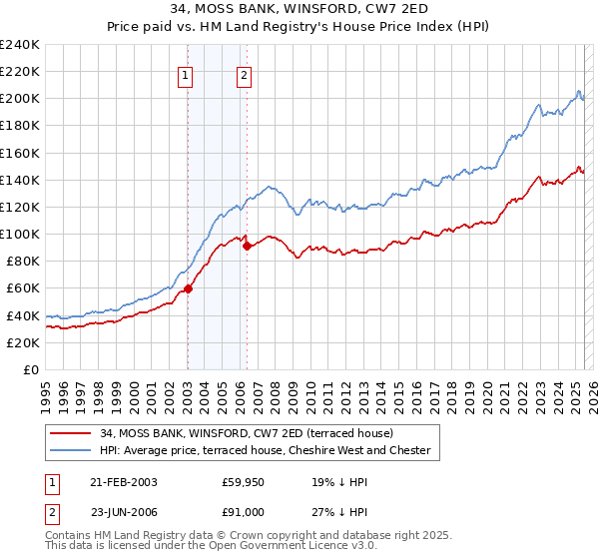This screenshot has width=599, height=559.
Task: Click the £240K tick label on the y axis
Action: click(20, 44)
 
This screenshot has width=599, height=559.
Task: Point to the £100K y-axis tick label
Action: click(20, 234)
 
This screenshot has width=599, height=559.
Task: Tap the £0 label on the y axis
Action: click(31, 369)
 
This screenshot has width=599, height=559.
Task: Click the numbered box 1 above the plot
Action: click(187, 72)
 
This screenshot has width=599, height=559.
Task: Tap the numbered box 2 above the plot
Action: click(245, 72)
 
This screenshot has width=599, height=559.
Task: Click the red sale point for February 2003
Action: click(188, 288)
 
